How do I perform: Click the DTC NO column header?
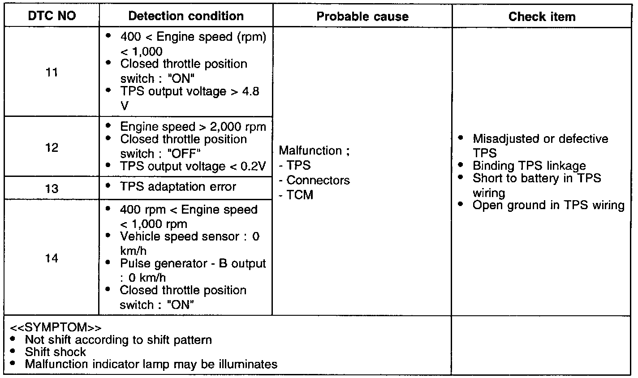click(52, 17)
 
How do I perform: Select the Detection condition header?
click(186, 17)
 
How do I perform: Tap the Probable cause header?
click(362, 17)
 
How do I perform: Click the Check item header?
click(542, 17)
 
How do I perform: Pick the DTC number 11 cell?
click(52, 72)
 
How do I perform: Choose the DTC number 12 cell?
click(52, 147)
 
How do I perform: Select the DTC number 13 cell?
click(52, 188)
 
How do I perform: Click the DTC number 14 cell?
click(52, 258)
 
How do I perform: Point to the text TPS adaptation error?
click(177, 187)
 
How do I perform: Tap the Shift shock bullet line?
click(55, 352)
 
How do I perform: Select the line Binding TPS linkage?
click(529, 166)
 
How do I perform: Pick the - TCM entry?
click(296, 195)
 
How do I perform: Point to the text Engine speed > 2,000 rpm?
click(193, 127)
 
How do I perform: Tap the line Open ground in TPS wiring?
click(548, 206)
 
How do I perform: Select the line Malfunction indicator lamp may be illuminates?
click(151, 364)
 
